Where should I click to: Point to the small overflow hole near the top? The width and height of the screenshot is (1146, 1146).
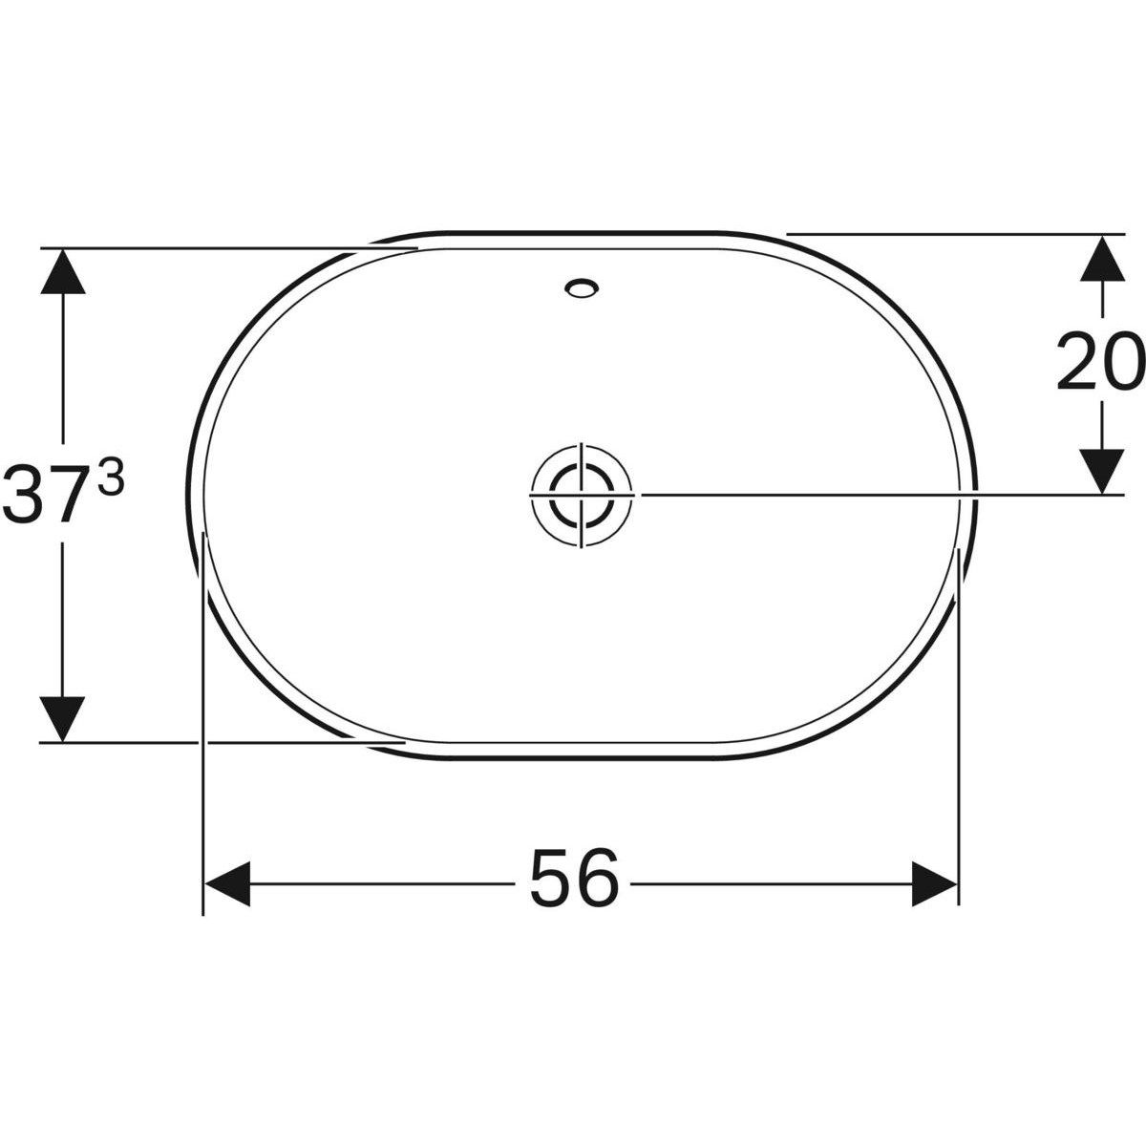click(582, 286)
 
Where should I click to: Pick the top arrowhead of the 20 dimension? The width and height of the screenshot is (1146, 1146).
click(1102, 257)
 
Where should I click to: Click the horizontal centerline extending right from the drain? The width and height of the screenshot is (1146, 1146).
click(859, 494)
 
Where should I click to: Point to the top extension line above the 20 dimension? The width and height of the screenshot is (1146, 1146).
click(955, 233)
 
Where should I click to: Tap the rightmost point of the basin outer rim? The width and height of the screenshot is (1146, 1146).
click(977, 495)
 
